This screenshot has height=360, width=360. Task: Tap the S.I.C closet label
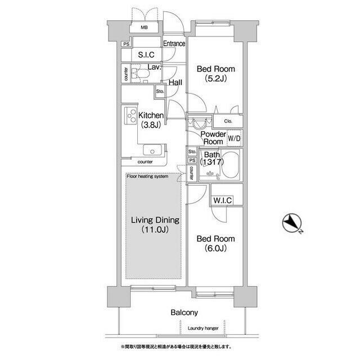coord(146,55)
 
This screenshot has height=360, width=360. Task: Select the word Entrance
coord(174,43)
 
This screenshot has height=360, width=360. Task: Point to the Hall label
coord(175,82)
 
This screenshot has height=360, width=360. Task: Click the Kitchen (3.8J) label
coord(147,120)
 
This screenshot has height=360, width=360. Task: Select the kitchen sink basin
coord(152,150)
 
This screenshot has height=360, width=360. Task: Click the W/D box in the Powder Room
coord(234,138)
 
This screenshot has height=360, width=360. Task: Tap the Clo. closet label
coord(228,121)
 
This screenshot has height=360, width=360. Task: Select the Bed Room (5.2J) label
coord(215,74)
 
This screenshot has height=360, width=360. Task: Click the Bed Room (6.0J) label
coord(215,243)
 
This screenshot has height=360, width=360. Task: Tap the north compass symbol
coord(292,224)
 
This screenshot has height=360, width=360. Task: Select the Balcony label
coord(185,312)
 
